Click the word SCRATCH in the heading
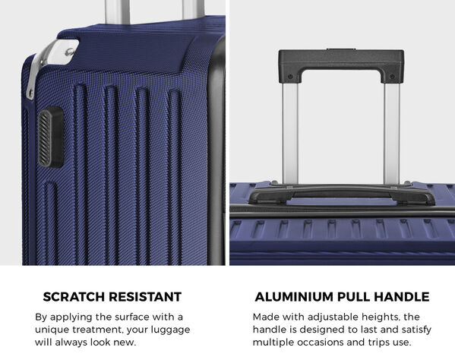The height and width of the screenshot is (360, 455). pos(74,297)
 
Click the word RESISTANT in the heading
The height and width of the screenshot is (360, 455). pos(145,297)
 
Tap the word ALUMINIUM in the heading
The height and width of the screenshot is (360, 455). pos(294,297)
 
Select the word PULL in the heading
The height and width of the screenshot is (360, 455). pos(354,297)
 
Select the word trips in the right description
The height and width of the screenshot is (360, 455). pos(380,343)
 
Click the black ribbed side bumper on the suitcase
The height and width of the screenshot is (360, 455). pos(51,137)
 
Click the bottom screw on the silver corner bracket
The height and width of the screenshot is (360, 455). pos(30,92)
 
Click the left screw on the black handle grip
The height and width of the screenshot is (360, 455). pos(290,77)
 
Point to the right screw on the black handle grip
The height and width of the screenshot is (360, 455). pos(392,77)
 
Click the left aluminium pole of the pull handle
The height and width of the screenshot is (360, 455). pos(290,134)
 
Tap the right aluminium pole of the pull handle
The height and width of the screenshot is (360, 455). pos(392,134)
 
